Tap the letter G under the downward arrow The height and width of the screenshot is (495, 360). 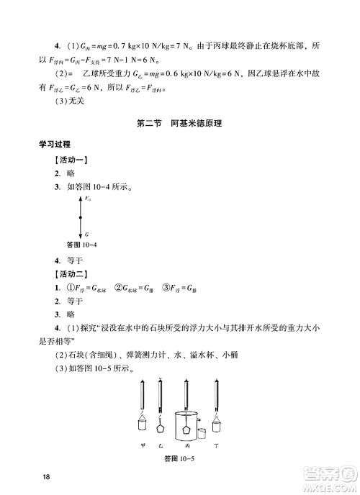[86, 235]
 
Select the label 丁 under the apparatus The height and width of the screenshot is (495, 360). [215, 445]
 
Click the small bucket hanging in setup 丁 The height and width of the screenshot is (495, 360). [215, 419]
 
